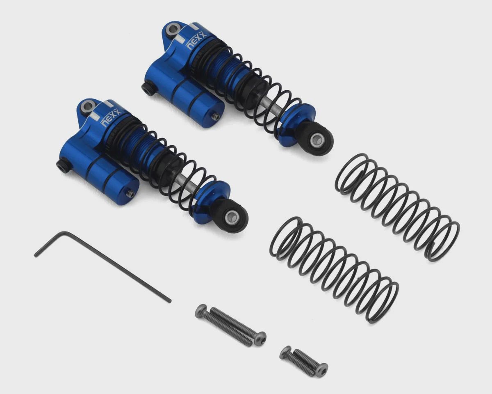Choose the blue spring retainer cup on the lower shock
pos(211,199)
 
